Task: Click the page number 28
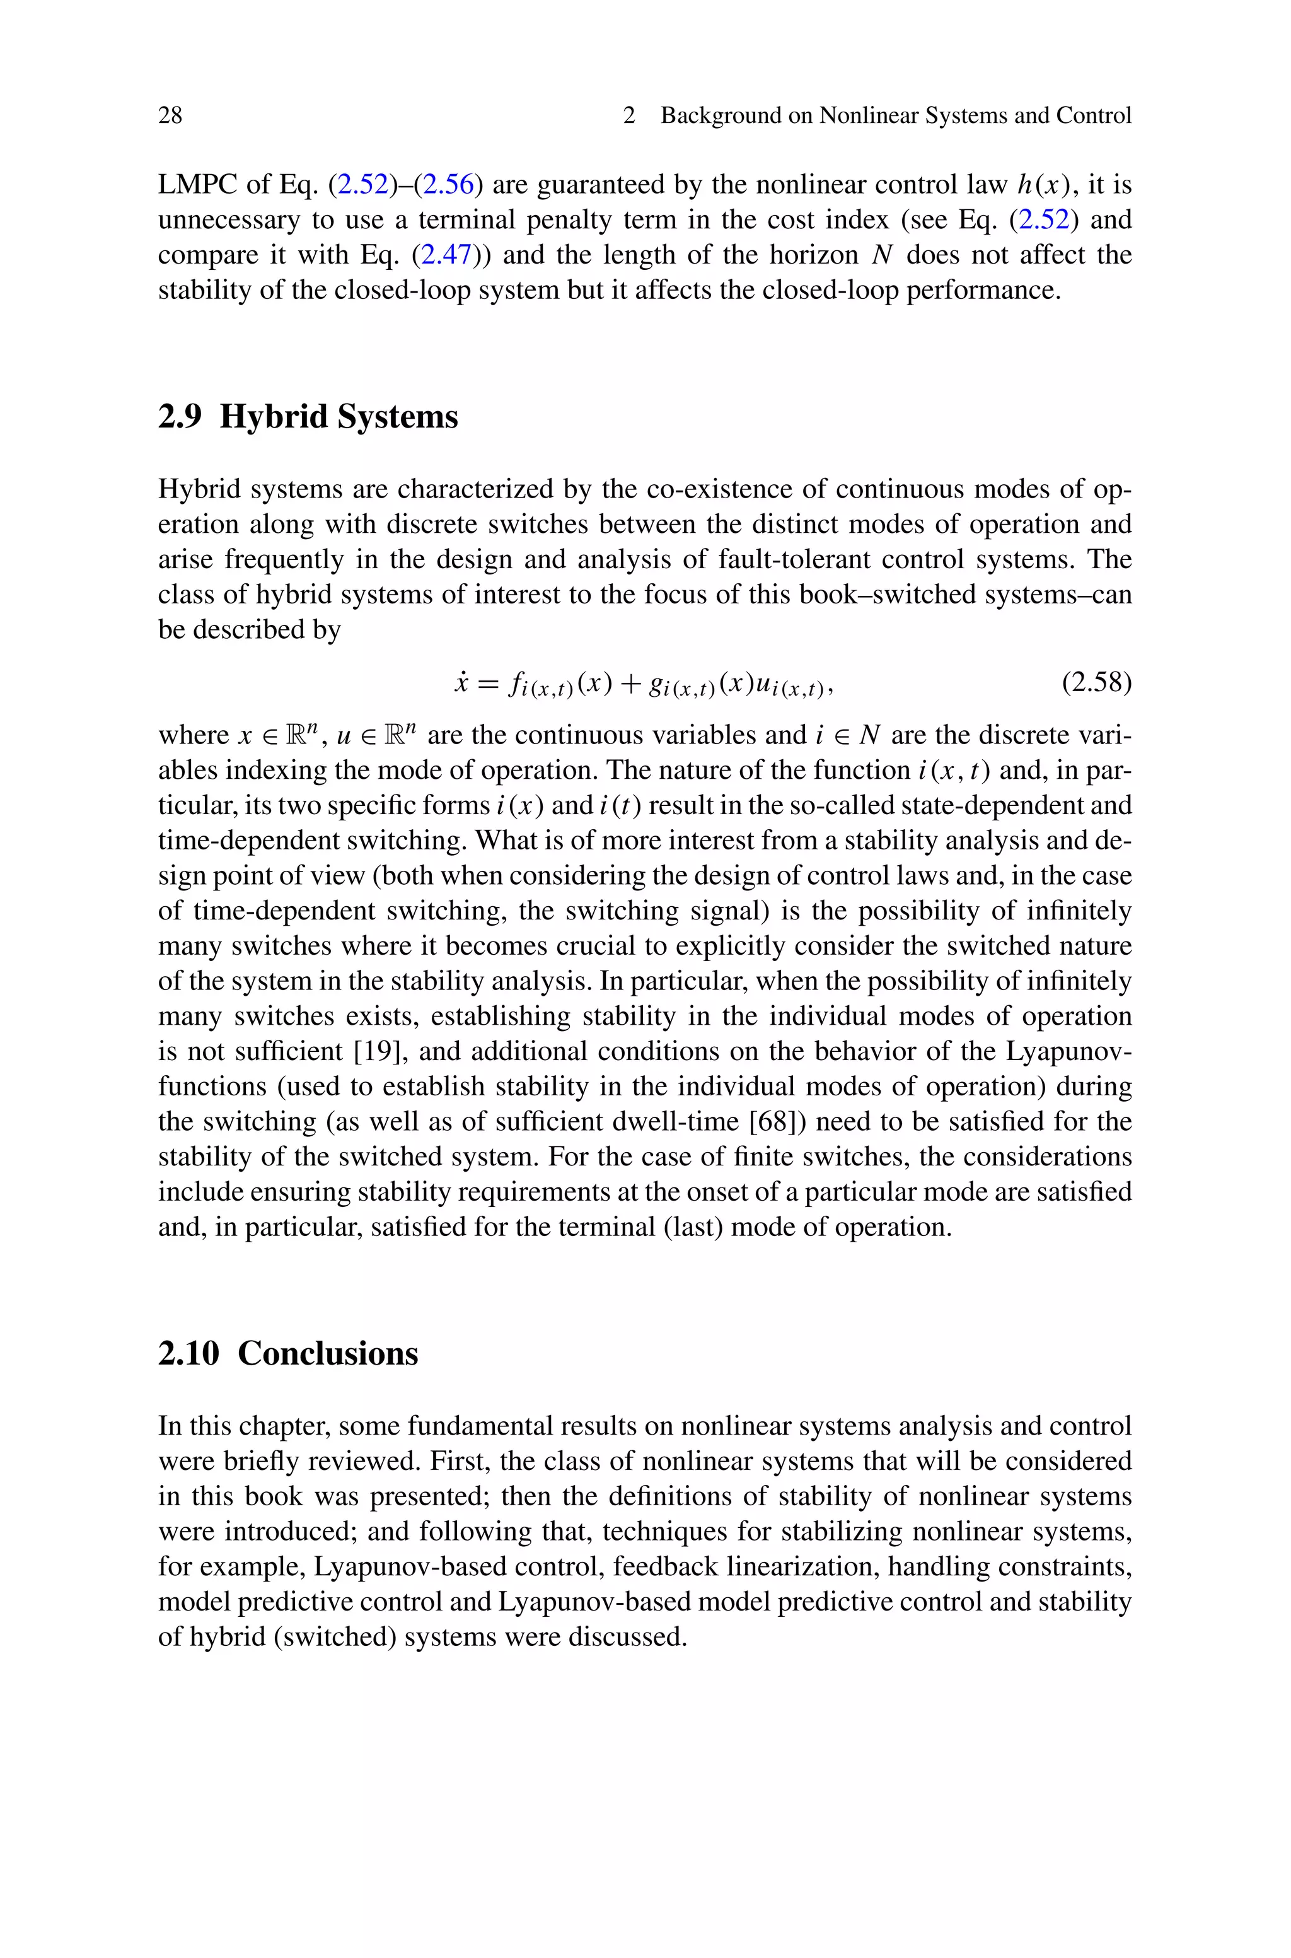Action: pyautogui.click(x=170, y=115)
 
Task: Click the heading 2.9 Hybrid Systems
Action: pyautogui.click(x=308, y=417)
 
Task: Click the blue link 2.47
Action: pyautogui.click(x=444, y=255)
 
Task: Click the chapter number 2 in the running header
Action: pyautogui.click(x=629, y=115)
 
